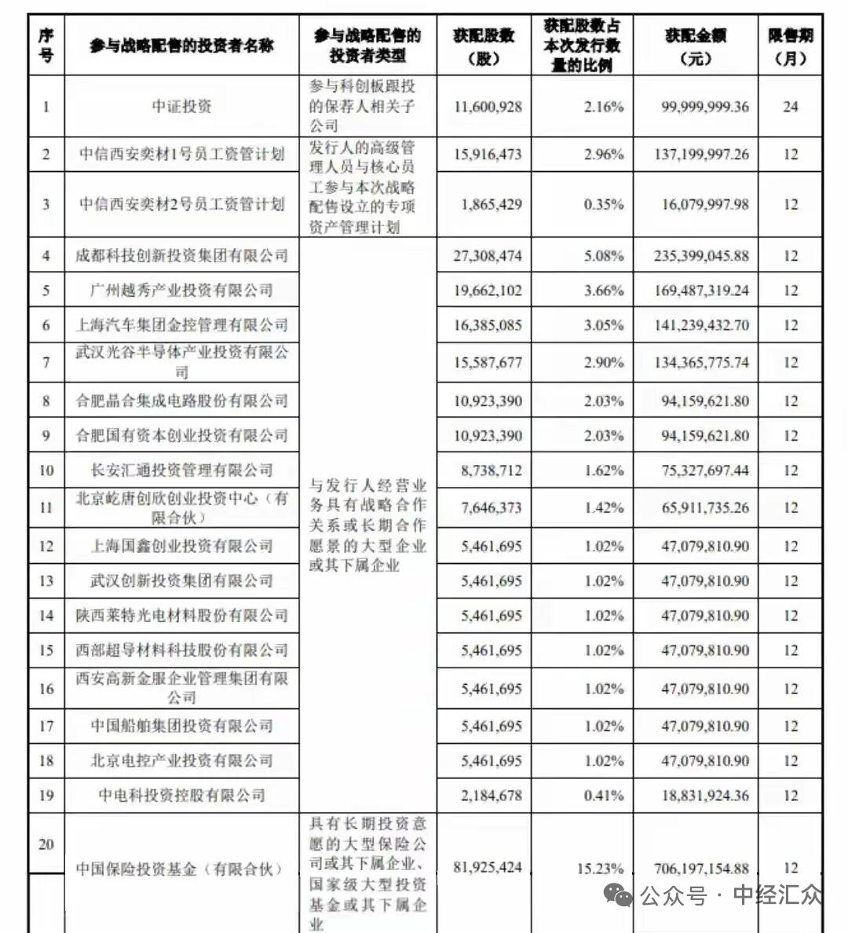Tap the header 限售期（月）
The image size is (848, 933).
click(x=790, y=46)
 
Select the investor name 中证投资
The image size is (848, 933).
click(x=181, y=107)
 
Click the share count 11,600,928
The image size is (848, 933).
click(x=487, y=107)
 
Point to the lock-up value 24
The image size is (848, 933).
click(x=790, y=107)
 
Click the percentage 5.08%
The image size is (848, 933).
click(x=603, y=256)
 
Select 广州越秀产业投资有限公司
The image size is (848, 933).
click(x=181, y=291)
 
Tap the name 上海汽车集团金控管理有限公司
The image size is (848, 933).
click(x=181, y=325)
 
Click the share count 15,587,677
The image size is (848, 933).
click(x=487, y=363)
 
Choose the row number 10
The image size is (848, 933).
click(x=46, y=470)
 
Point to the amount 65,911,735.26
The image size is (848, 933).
click(x=704, y=508)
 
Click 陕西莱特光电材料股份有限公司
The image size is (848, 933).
click(x=181, y=616)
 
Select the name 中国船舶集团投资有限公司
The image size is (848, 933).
click(x=181, y=726)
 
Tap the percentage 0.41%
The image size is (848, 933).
click(x=603, y=796)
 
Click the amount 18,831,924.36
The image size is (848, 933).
click(x=704, y=796)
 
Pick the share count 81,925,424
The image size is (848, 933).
click(x=487, y=868)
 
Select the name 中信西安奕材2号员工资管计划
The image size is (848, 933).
click(x=181, y=204)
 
